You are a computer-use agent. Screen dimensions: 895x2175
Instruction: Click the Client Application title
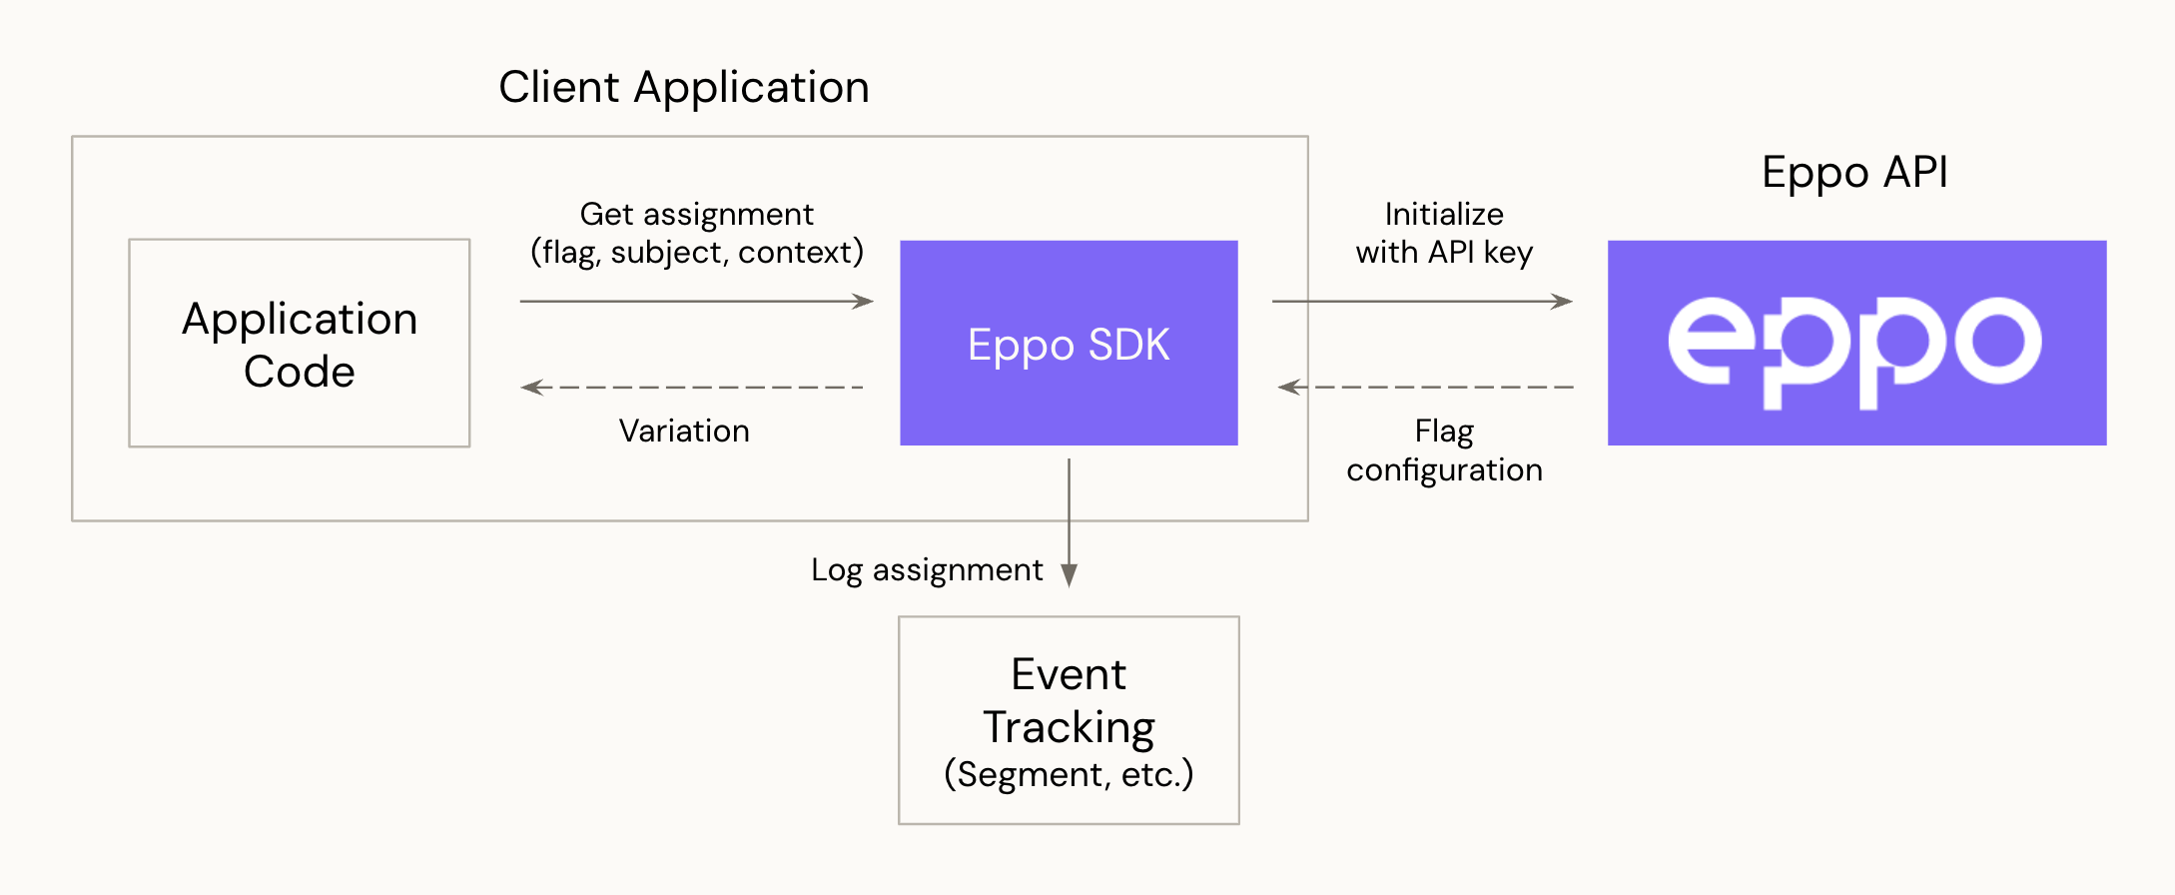pos(684,88)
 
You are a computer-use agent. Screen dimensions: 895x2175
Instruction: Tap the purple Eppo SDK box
pos(1069,344)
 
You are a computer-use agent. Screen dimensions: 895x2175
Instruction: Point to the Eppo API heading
pos(1854,173)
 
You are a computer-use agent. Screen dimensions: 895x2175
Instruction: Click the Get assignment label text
pos(696,214)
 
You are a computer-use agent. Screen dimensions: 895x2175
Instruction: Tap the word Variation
pos(684,431)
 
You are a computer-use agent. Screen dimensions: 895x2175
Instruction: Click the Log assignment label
pos(927,569)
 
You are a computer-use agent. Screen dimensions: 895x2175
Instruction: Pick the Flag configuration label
pos(1444,450)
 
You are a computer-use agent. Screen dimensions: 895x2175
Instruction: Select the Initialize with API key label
pos(1444,233)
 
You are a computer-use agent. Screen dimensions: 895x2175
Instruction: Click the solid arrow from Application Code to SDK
pos(696,301)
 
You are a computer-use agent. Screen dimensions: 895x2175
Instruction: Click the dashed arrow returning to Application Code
pos(691,387)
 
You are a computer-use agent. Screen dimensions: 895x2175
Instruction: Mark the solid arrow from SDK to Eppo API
pos(1421,301)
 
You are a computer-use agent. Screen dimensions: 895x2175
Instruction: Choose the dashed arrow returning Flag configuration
pos(1425,387)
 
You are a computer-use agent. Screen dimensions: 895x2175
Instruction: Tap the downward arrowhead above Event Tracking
pos(1069,575)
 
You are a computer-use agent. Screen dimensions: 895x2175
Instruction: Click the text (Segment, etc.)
pos(1069,774)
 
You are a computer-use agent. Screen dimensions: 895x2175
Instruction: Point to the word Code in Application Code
pos(299,372)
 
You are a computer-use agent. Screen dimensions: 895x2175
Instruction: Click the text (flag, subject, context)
pos(696,252)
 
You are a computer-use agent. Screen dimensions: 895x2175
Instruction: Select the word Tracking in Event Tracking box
pos(1069,727)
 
